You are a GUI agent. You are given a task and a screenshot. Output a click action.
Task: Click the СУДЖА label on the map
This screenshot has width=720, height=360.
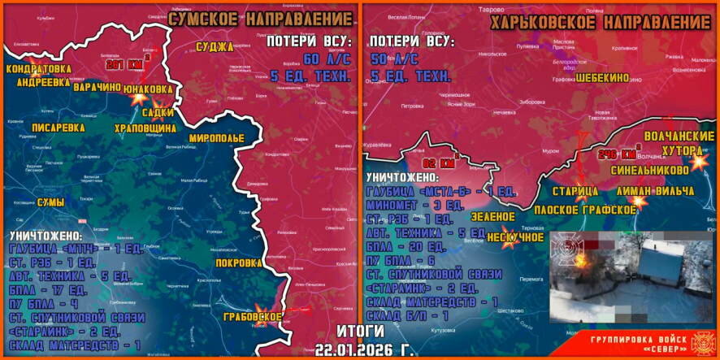pyautogui.click(x=215, y=47)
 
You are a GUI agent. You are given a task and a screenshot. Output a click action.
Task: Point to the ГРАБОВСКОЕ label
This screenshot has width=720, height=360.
pyautogui.click(x=254, y=316)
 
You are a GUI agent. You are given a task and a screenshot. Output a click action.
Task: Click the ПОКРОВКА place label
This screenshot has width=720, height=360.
pyautogui.click(x=239, y=263)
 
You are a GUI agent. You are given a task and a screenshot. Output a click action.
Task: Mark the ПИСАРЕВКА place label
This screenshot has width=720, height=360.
pyautogui.click(x=57, y=128)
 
